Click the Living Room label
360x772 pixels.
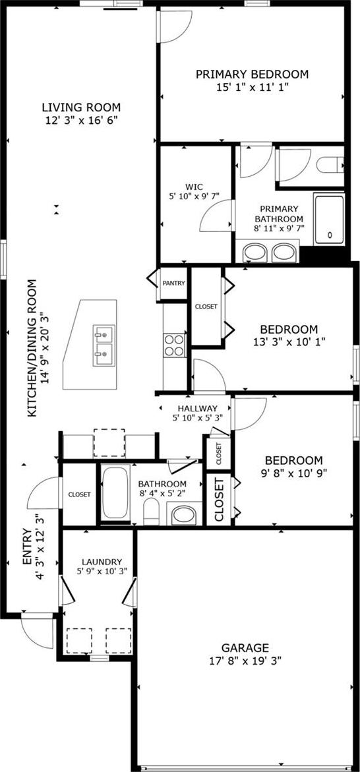(81, 107)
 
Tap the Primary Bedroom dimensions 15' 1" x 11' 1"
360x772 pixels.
(252, 87)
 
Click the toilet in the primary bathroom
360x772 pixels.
(330, 164)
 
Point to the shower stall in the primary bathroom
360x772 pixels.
(329, 219)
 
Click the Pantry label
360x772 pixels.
(174, 283)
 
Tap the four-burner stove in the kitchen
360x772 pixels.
(174, 345)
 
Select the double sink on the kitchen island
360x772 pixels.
(104, 345)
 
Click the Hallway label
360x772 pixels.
(198, 408)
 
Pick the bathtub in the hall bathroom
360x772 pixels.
(116, 492)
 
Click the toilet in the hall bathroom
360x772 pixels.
(151, 512)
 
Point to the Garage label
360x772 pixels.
(245, 647)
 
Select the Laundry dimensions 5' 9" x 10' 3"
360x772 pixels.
(102, 571)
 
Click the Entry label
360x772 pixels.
(27, 547)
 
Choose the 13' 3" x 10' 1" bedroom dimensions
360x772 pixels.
(289, 341)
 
